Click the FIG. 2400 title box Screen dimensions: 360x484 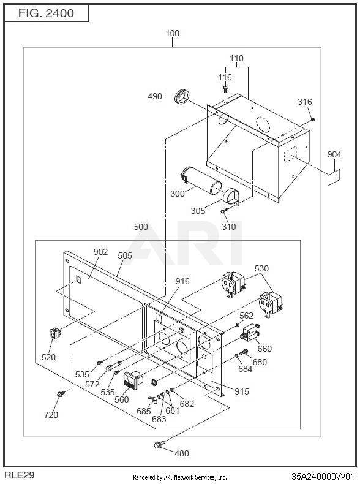pyautogui.click(x=47, y=13)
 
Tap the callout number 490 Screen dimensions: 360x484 pyautogui.click(x=154, y=96)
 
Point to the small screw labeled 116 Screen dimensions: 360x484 pyautogui.click(x=225, y=89)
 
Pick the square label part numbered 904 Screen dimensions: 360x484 pyautogui.click(x=334, y=178)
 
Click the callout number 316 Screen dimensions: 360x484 pyautogui.click(x=305, y=102)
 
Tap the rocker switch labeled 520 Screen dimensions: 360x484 pyautogui.click(x=56, y=333)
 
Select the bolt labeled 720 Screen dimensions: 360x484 pyautogui.click(x=61, y=394)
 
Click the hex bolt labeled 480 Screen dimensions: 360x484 pyautogui.click(x=159, y=445)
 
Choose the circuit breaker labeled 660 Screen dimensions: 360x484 pyautogui.click(x=250, y=332)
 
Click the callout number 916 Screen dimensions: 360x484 pyautogui.click(x=182, y=281)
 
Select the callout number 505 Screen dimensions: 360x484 pyautogui.click(x=125, y=255)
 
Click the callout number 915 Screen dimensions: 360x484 pyautogui.click(x=242, y=391)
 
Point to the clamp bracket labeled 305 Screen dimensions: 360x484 pyautogui.click(x=231, y=196)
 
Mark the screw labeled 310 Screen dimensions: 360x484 pyautogui.click(x=224, y=210)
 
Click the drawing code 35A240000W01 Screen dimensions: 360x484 pyautogui.click(x=323, y=476)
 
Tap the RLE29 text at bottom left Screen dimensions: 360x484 pyautogui.click(x=20, y=475)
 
